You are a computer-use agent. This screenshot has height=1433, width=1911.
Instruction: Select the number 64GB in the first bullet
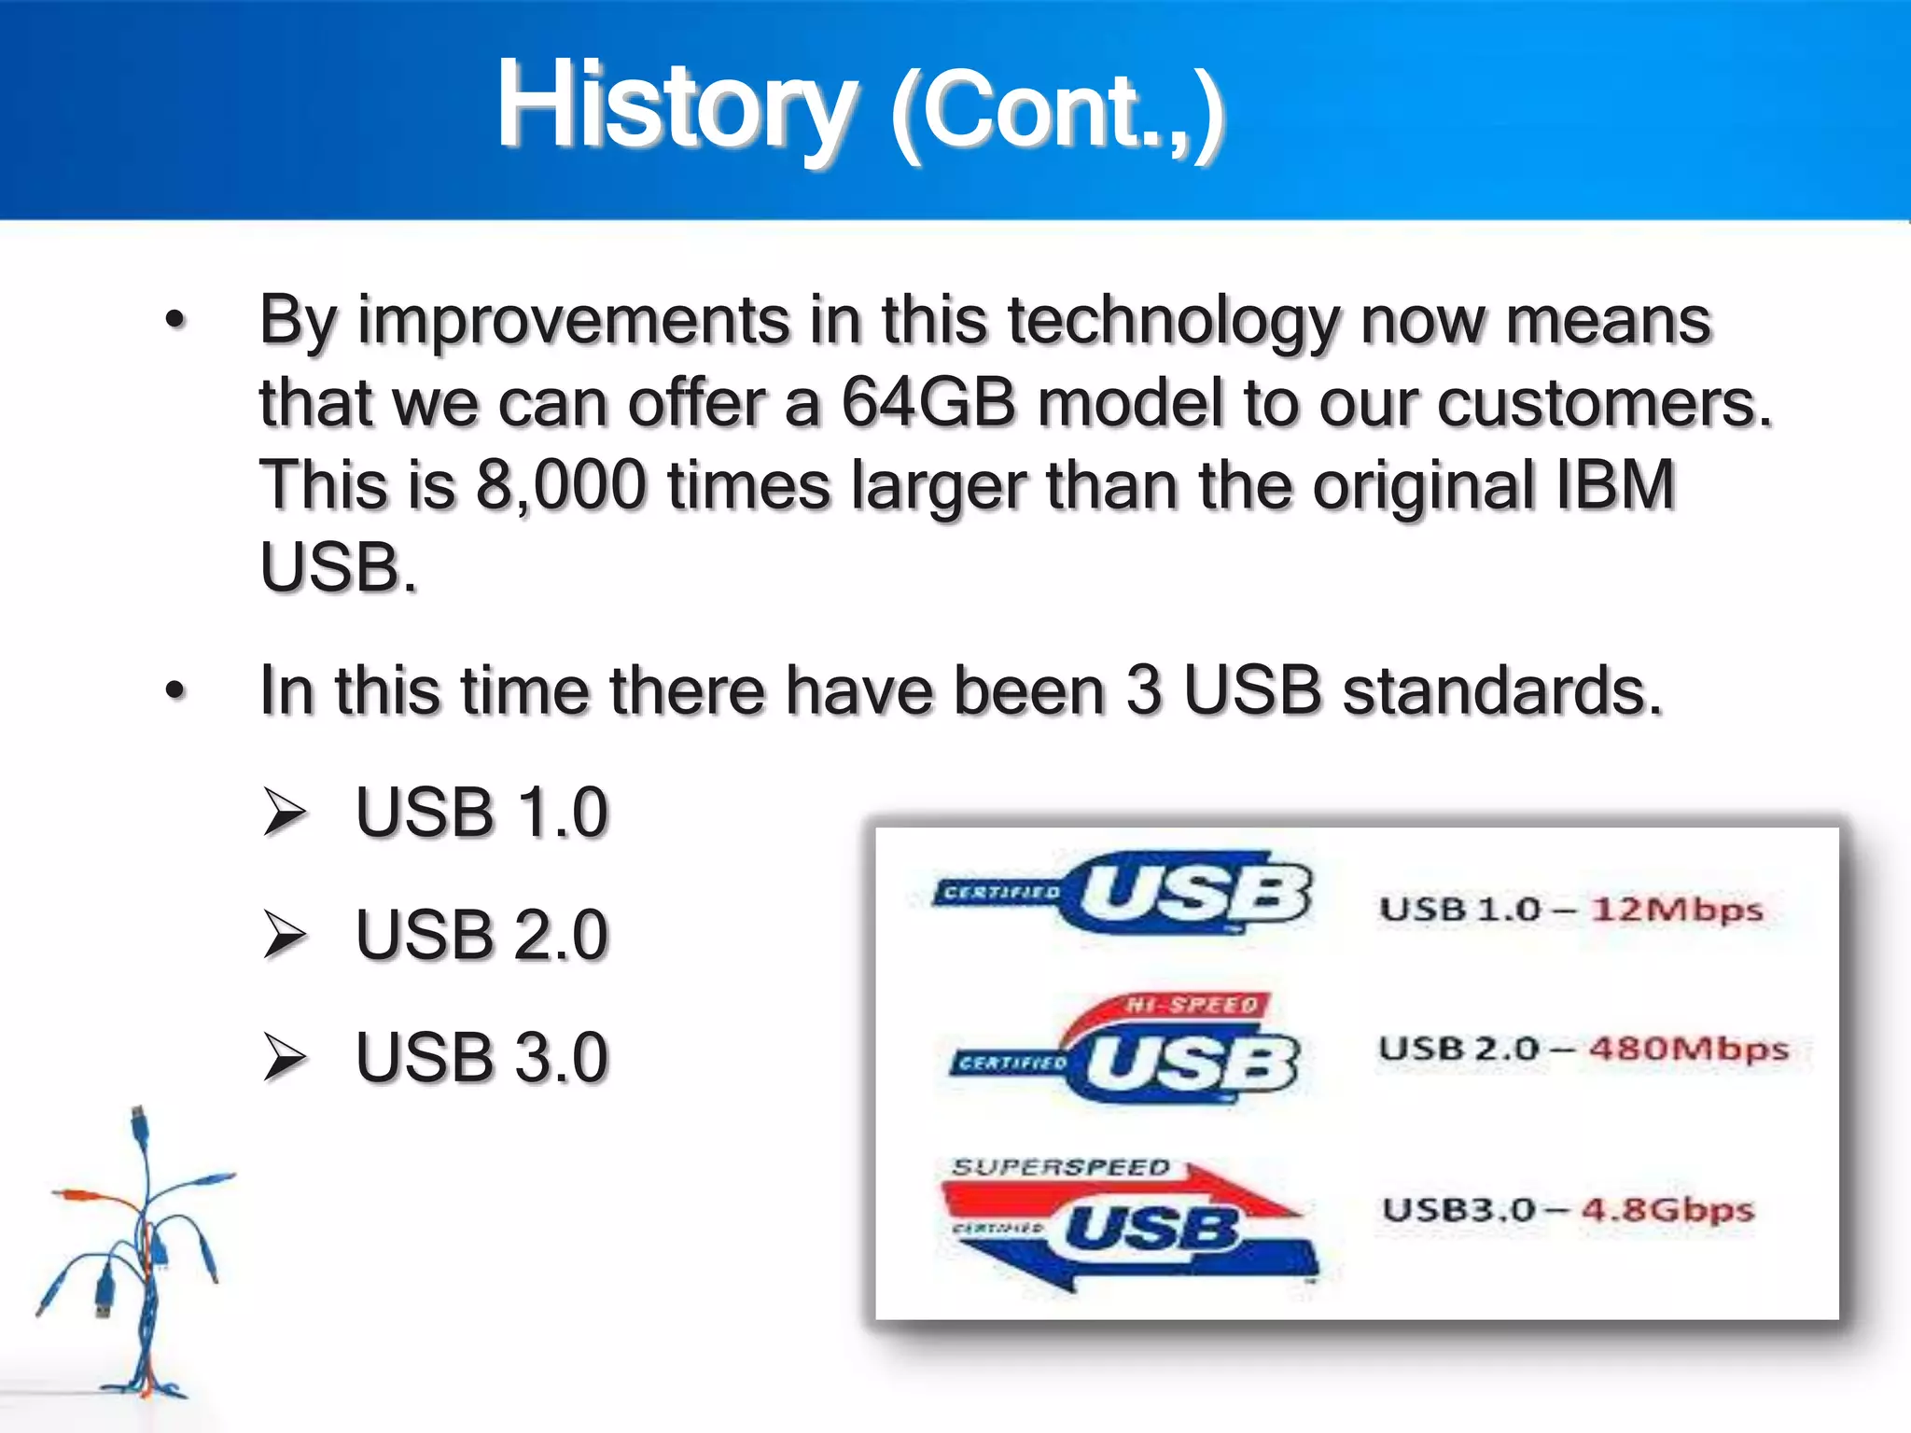click(928, 403)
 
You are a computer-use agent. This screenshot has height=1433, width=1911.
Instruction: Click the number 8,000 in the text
click(561, 485)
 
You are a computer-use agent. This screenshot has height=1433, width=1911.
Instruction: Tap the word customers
click(1603, 403)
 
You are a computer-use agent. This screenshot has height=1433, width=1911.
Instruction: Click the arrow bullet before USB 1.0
click(284, 812)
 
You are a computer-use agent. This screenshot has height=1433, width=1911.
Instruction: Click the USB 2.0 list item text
click(481, 935)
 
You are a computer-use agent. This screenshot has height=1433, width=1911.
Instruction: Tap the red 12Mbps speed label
click(1677, 909)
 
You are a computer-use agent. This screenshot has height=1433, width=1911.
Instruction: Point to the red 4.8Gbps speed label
click(1667, 1210)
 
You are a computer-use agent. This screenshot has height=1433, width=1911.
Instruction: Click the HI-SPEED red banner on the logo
click(1192, 1006)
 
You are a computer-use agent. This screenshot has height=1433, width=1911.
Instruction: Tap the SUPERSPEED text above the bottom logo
click(1061, 1167)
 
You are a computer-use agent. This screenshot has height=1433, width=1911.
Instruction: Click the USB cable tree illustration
click(140, 1259)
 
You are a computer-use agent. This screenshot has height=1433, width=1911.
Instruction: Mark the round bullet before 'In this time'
click(175, 691)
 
